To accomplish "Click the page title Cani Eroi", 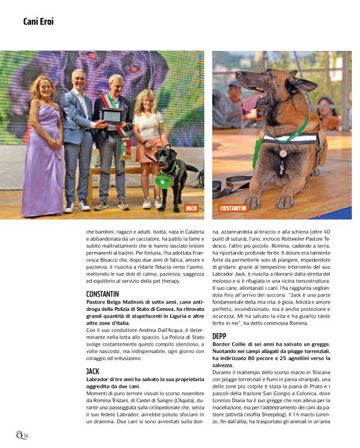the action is pos(38,22).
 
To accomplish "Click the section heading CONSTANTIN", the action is pos(102,293).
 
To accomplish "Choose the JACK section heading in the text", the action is pos(92,370).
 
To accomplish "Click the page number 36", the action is pos(24,436).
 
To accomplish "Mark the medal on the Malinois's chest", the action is pos(283,153).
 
